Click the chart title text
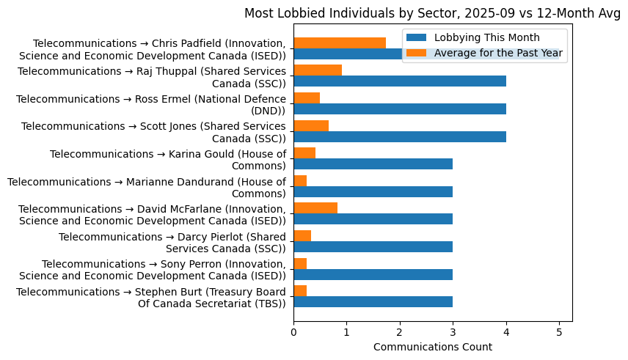tap(432, 13)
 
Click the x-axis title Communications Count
tap(432, 347)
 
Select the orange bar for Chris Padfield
tap(340, 43)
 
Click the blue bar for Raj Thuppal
tap(400, 81)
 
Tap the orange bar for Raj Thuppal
tap(318, 70)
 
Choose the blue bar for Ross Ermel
tap(400, 109)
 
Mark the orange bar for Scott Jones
tap(311, 125)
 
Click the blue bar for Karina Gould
tap(373, 164)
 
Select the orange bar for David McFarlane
tap(315, 208)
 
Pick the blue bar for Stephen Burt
tap(373, 301)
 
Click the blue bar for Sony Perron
tap(373, 274)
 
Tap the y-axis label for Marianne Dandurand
tap(147, 188)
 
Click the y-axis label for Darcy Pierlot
tap(172, 243)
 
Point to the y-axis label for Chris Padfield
tap(153, 49)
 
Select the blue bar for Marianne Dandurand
tap(373, 191)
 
